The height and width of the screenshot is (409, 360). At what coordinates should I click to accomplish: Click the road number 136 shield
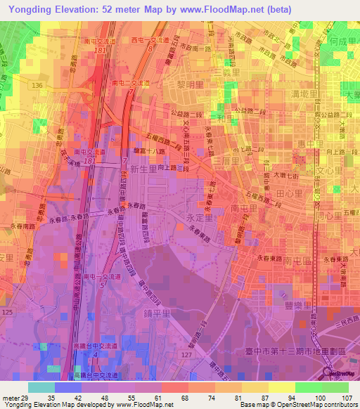[x=37, y=85]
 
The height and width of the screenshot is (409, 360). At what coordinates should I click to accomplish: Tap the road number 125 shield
[x=8, y=311]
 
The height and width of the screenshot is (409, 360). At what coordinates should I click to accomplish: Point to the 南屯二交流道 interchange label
[x=131, y=82]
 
